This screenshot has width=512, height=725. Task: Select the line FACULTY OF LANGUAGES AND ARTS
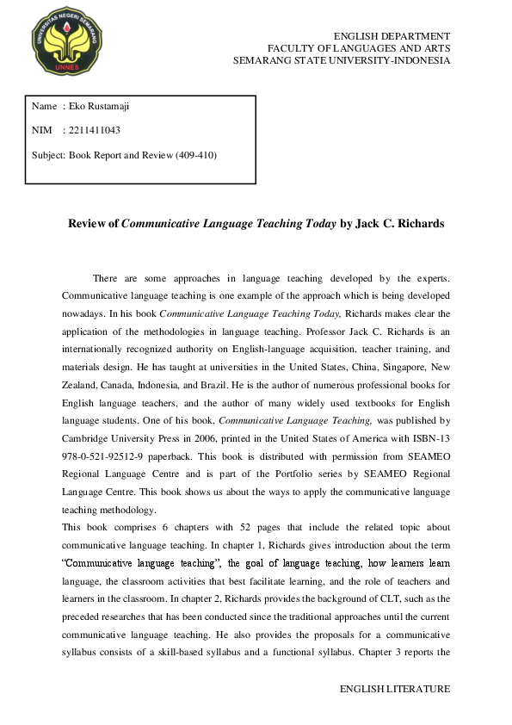[358, 48]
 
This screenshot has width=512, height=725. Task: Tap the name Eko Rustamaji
[99, 106]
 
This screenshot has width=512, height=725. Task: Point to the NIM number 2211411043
[94, 131]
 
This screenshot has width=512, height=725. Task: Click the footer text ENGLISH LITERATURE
[395, 690]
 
